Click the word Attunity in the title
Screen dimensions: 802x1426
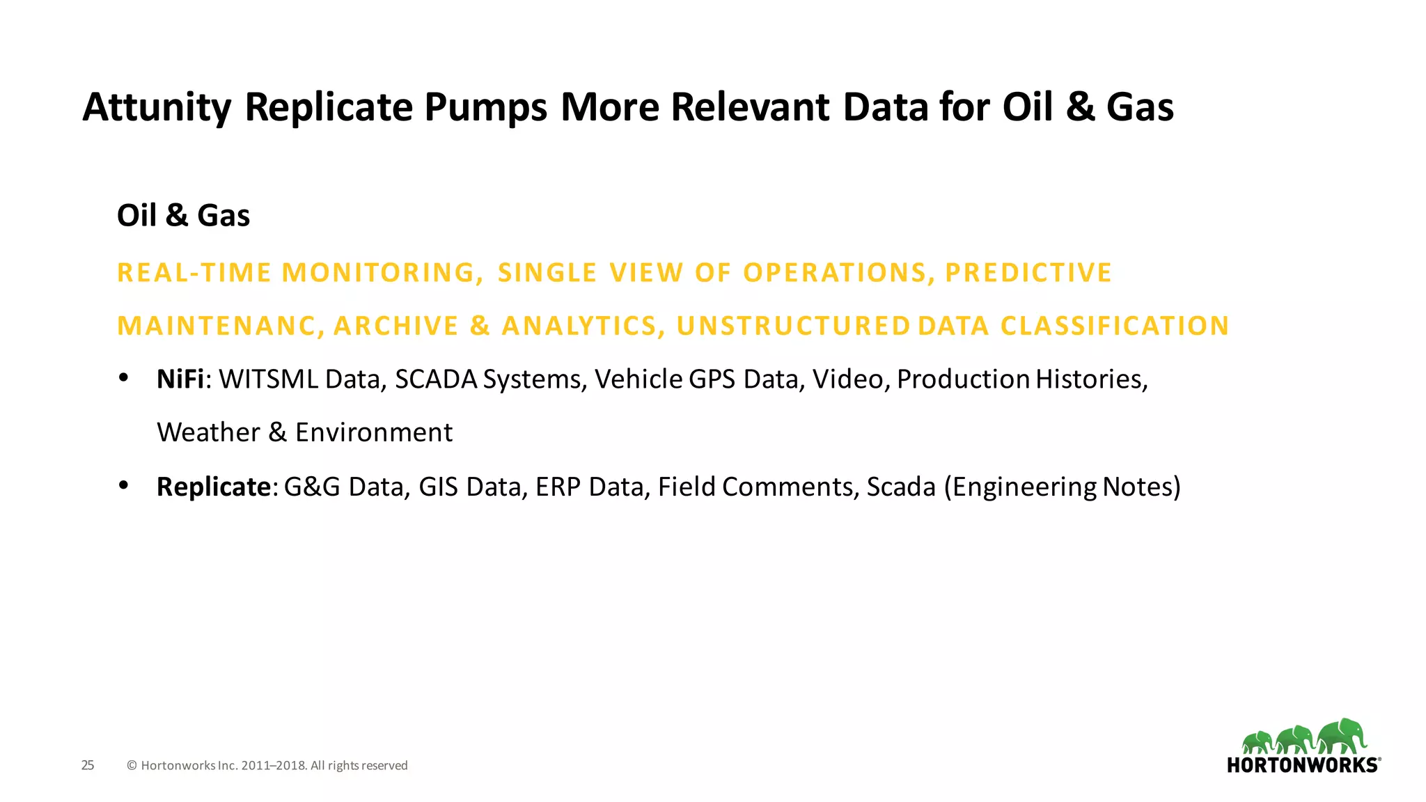click(156, 108)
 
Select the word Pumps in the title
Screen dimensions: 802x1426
click(485, 108)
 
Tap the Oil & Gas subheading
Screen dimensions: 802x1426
click(183, 216)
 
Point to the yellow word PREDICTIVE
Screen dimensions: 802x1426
click(1028, 273)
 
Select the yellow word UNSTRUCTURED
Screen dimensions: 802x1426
click(793, 327)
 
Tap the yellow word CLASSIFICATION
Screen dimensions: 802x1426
click(1114, 327)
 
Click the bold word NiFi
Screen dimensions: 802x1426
click(180, 379)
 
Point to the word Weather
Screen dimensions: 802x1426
click(208, 433)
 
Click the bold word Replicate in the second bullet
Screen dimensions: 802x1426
click(213, 487)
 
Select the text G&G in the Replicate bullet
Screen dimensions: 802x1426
click(312, 487)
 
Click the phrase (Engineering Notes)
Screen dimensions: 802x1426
click(1062, 487)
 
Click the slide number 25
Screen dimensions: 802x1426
click(88, 765)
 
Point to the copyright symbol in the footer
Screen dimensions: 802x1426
click(132, 766)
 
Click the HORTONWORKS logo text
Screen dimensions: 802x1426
click(1302, 765)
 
